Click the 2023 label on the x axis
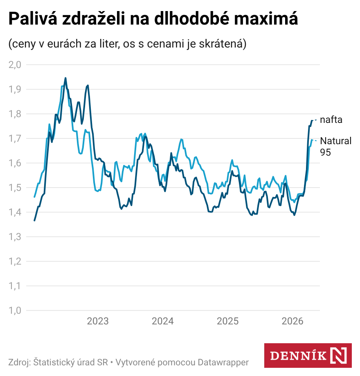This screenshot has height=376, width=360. tap(98, 321)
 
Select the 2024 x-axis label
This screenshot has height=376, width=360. tap(163, 321)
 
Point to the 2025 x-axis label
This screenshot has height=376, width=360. tap(227, 321)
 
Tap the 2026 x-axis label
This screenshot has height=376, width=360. tap(292, 321)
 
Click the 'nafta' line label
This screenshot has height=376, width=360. tap(331, 120)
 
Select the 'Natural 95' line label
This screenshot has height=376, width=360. tap(335, 146)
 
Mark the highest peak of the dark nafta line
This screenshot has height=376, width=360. tap(65, 78)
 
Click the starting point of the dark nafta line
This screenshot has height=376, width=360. tap(34, 220)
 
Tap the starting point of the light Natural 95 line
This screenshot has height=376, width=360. tap(34, 197)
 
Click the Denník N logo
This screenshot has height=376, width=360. tap(308, 355)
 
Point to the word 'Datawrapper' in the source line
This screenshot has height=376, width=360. tap(223, 362)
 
